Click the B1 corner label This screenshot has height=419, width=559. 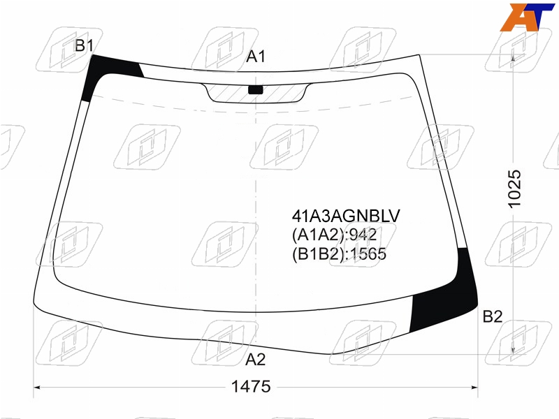point(84,45)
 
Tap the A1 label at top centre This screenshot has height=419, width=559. point(256,57)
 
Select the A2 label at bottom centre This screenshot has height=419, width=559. point(256,360)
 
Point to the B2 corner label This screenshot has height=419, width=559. point(493,316)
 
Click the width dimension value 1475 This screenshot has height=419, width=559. point(251,386)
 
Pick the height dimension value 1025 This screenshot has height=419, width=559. point(514,189)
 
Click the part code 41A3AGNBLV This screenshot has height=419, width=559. point(346,216)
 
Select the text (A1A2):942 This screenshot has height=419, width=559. point(335,235)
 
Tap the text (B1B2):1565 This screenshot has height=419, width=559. point(339,254)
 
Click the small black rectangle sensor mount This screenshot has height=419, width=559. point(255,90)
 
